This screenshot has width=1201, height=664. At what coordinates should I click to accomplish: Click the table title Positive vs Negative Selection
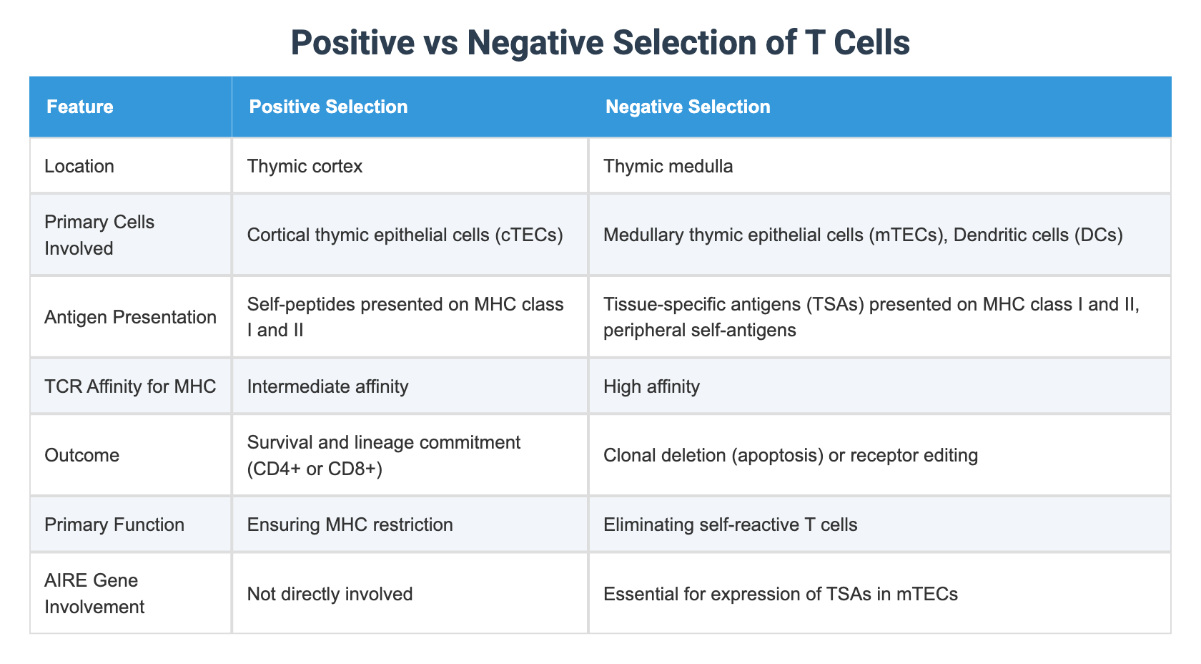pos(600,43)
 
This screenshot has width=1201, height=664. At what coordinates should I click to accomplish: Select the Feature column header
pos(79,107)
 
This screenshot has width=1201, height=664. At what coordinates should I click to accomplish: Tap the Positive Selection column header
pos(328,107)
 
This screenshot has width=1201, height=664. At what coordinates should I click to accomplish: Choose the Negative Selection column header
pos(688,107)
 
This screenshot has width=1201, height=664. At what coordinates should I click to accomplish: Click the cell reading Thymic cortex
pos(305,166)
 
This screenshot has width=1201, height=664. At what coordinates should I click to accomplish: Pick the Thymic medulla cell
pos(668,166)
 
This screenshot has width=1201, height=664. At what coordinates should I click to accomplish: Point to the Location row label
pos(79,166)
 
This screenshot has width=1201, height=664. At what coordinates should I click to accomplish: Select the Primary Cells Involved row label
pos(99,235)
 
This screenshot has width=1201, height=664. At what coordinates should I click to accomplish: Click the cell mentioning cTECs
pos(405,235)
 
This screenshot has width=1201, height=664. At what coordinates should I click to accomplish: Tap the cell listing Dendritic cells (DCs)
pos(863,235)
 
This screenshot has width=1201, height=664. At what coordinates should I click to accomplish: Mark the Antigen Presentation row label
pos(130,317)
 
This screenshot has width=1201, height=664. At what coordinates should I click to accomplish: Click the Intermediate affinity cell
pos(327,386)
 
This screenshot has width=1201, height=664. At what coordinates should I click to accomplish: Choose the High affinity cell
pos(651,386)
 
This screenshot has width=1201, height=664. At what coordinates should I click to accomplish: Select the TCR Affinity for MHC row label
pos(130,386)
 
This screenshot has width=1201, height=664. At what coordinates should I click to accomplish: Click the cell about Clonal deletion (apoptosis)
pos(790,455)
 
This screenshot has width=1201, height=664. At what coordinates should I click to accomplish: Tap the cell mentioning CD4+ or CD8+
pos(383,455)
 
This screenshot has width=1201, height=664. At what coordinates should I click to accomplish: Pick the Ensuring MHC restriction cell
pos(350,524)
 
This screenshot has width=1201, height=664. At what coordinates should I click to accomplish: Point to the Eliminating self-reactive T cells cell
pos(730,524)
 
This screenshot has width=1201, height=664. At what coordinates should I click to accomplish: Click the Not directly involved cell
pos(330,593)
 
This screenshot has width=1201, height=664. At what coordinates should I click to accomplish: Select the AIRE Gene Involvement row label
pos(94,593)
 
